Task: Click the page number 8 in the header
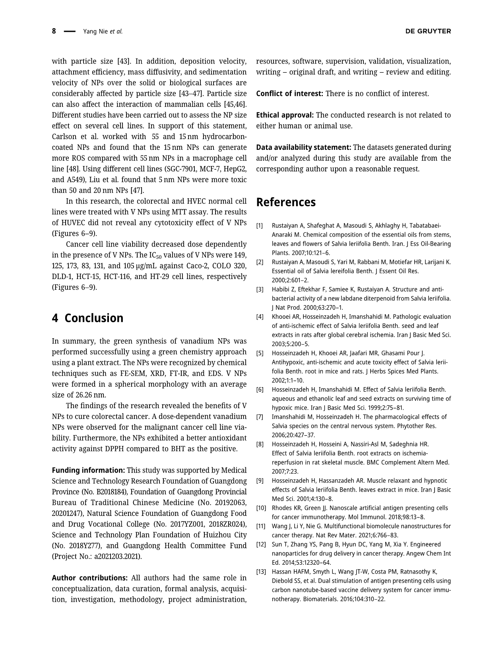click(54, 31)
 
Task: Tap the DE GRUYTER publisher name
click(428, 31)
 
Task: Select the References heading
click(286, 202)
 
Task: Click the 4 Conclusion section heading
click(87, 318)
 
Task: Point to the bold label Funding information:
click(88, 471)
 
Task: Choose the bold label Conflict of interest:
click(289, 94)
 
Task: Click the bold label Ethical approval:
click(285, 115)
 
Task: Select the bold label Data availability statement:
click(303, 147)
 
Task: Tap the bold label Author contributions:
click(89, 578)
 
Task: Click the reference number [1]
click(260, 226)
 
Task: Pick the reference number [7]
click(260, 417)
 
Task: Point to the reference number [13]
click(261, 572)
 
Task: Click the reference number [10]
click(261, 508)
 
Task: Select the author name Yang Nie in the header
click(95, 31)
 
